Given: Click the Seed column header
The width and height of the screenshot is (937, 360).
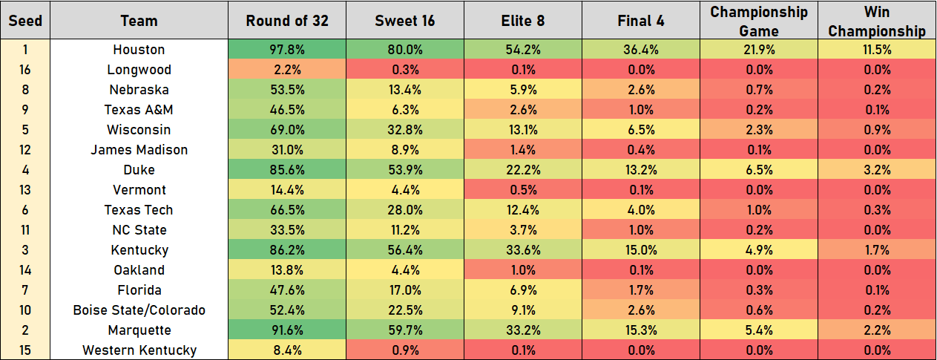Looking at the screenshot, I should pos(24,21).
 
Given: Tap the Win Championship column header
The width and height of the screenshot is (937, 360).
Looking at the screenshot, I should pos(877,21).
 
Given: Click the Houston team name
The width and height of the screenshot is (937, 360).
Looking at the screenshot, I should pos(139,50).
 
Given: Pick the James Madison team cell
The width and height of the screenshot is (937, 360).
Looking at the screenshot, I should pos(139,150).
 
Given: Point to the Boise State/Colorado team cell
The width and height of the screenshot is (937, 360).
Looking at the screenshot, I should pos(139,310).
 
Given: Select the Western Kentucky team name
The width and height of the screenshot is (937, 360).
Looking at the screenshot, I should pos(139,350).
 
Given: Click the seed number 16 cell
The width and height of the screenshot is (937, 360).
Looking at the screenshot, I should pos(24,70).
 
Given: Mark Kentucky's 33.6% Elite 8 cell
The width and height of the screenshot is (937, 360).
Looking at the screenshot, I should pos(522,250).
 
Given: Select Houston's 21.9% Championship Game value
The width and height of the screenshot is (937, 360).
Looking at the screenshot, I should pos(758,50).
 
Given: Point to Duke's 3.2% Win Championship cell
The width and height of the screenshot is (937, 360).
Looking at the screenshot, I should pos(877,170).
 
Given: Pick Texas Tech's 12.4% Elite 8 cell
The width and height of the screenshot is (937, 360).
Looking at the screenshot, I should pos(522,210).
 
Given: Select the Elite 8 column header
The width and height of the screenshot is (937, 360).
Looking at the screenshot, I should pos(522,21).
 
